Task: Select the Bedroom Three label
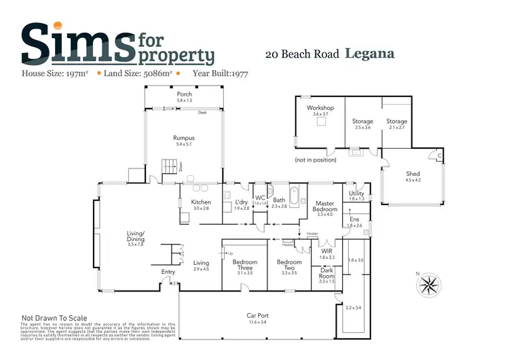pyautogui.click(x=244, y=266)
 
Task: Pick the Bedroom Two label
pyautogui.click(x=289, y=266)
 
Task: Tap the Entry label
pyautogui.click(x=168, y=272)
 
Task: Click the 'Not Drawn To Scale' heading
pyautogui.click(x=54, y=318)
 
